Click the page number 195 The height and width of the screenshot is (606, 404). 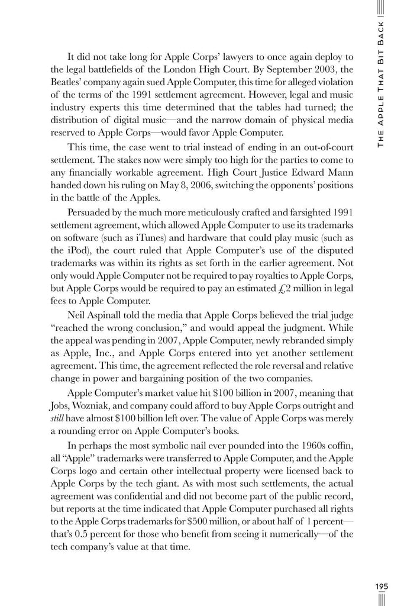click(382, 586)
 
